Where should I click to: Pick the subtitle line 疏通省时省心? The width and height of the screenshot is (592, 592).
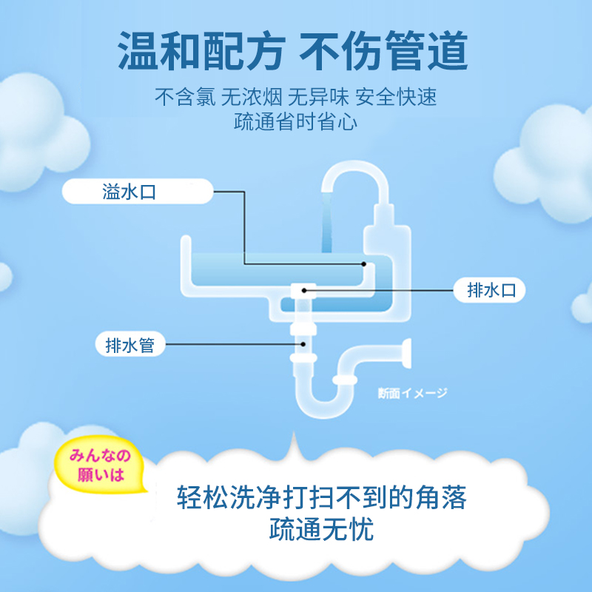pos(295,122)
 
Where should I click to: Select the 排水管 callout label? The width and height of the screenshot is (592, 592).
pos(129,345)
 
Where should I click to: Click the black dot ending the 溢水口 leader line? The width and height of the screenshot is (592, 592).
pos(363,263)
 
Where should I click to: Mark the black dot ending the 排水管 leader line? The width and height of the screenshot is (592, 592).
pos(303,344)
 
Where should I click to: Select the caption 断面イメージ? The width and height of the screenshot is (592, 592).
pos(412,394)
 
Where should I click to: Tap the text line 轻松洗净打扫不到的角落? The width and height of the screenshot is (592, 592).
pos(322,496)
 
